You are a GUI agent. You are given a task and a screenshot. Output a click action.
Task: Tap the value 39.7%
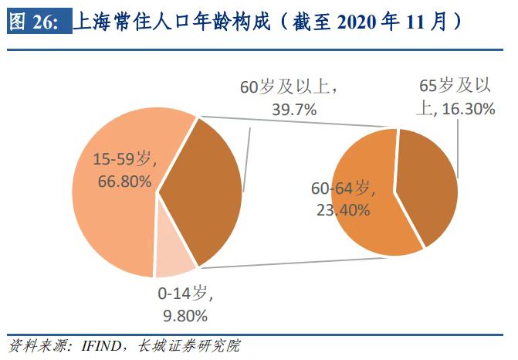click(x=294, y=109)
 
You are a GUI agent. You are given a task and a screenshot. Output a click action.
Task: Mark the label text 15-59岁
click(x=122, y=161)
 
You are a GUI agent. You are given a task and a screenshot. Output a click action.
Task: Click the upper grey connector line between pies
click(x=297, y=125)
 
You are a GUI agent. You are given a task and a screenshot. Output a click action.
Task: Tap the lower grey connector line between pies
click(x=309, y=261)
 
